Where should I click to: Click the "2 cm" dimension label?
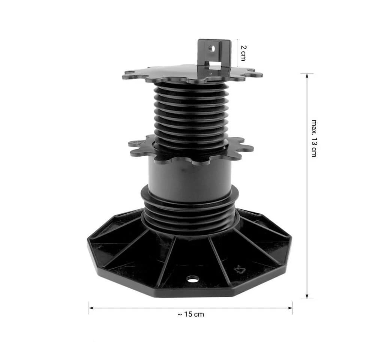pos(243,53)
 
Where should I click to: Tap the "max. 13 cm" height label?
pos(314,138)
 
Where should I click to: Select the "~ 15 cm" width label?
pos(191,314)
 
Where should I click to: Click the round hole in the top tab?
pos(212,49)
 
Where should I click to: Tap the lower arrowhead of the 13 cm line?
pos(307,296)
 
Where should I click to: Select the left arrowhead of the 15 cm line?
pos(91,308)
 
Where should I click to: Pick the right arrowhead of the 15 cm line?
pos(290,308)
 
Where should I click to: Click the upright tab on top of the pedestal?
pos(214,54)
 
